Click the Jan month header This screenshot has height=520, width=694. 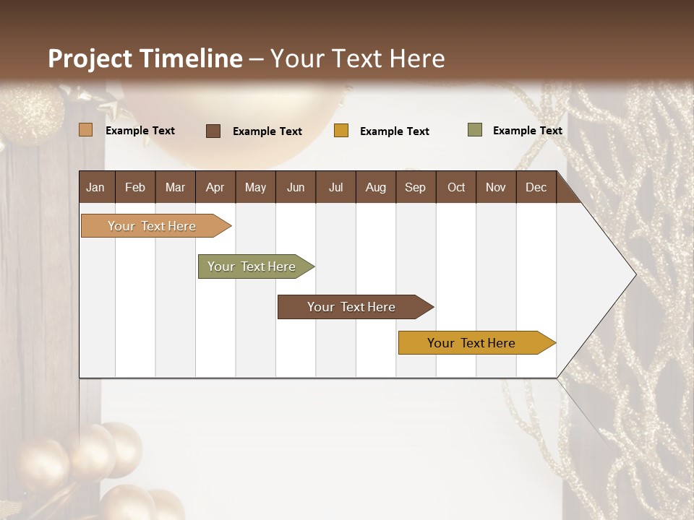tap(96, 187)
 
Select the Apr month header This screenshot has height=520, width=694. tap(215, 187)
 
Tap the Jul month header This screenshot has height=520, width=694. tap(335, 187)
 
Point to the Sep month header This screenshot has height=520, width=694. tap(415, 187)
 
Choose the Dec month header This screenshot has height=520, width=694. tap(536, 187)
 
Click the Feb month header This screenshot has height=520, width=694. tap(135, 187)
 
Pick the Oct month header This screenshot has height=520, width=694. tap(455, 187)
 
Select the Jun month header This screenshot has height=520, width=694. tap(295, 187)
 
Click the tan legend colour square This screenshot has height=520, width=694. tap(86, 130)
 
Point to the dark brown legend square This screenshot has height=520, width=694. tap(213, 131)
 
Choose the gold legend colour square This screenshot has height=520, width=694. tap(341, 131)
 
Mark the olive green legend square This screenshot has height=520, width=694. tap(475, 130)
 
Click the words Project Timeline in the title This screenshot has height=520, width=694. tap(145, 58)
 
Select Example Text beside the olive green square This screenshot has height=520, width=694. tap(527, 131)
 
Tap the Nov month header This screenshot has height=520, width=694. tap(496, 187)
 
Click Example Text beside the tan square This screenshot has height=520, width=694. tap(140, 131)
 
